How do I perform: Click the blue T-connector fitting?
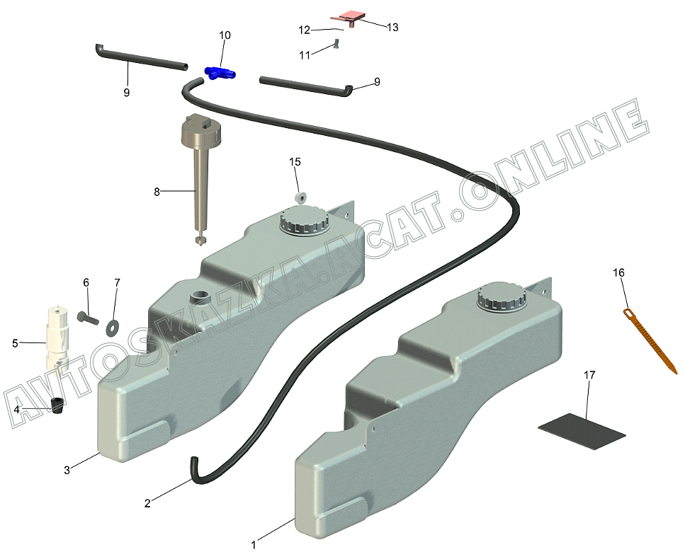pos(220,71)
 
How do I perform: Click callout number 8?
pos(157,191)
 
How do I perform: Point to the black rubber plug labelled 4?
pos(57,405)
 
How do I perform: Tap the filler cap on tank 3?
pos(304,221)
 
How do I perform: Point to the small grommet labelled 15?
pos(300,195)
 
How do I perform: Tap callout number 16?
pos(619,272)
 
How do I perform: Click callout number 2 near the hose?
pos(147,503)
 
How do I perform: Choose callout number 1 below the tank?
pos(253,545)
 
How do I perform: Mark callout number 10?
pos(225,35)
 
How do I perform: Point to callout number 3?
pos(67,470)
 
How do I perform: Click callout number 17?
pos(589,374)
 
